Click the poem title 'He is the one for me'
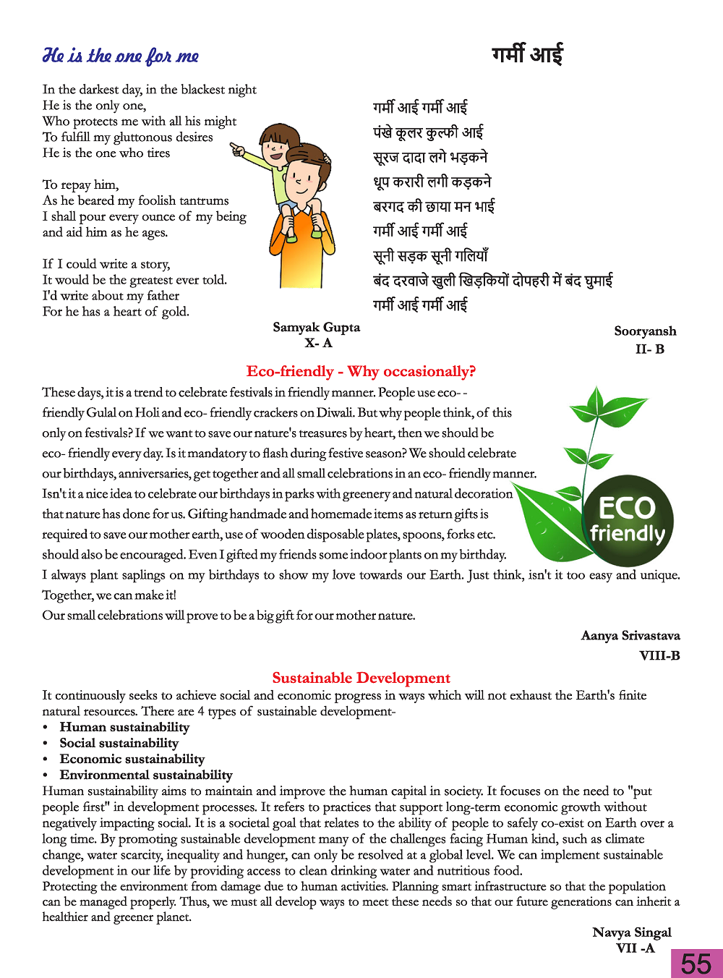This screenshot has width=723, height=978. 121,56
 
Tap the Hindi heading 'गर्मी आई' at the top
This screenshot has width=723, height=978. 527,54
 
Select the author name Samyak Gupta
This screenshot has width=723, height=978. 316,327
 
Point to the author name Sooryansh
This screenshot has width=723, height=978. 645,331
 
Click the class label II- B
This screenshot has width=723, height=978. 649,349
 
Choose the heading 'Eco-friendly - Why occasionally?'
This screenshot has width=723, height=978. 361,371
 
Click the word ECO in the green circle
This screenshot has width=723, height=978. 627,508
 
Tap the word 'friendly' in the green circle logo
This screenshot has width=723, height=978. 627,534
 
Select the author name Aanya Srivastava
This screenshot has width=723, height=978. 630,635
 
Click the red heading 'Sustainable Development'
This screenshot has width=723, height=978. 361,678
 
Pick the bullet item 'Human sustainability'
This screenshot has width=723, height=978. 124,727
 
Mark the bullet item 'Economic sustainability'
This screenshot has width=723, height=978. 132,759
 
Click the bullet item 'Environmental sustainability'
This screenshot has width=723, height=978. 146,775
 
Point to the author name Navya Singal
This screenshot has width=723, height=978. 631,932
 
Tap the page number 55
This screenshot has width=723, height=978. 696,964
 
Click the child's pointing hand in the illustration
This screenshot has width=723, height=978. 236,150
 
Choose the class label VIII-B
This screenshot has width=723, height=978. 659,655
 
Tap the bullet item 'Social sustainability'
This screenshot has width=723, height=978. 119,743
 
